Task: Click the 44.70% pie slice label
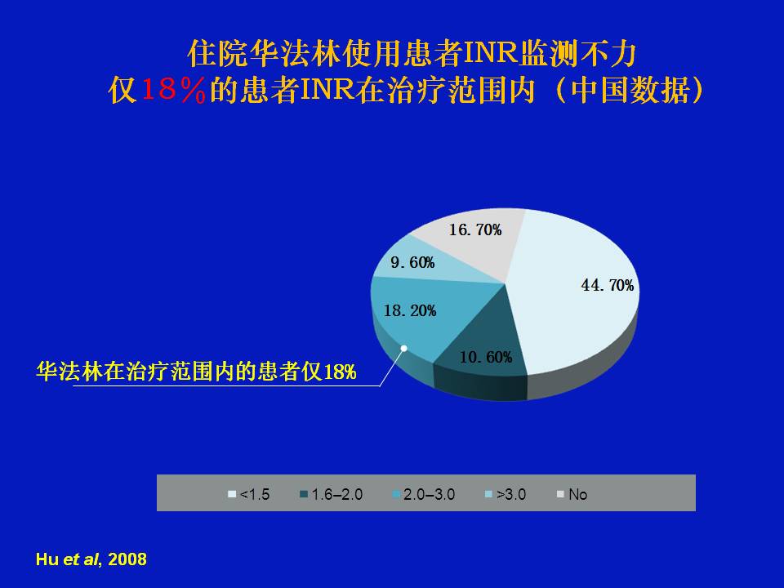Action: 607,286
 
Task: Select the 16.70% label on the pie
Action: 475,230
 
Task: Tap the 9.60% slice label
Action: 412,262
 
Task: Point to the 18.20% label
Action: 410,311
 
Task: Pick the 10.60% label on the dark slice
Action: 486,357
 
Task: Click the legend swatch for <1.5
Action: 231,495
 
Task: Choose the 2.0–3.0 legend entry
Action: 424,495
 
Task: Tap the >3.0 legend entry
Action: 506,495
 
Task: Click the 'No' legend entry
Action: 572,495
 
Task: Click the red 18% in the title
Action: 173,91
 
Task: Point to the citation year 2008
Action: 127,559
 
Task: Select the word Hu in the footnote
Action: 47,559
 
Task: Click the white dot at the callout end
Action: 404,348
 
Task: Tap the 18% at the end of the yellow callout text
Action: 340,372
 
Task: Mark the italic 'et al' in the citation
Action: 81,559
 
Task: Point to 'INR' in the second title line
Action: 328,91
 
